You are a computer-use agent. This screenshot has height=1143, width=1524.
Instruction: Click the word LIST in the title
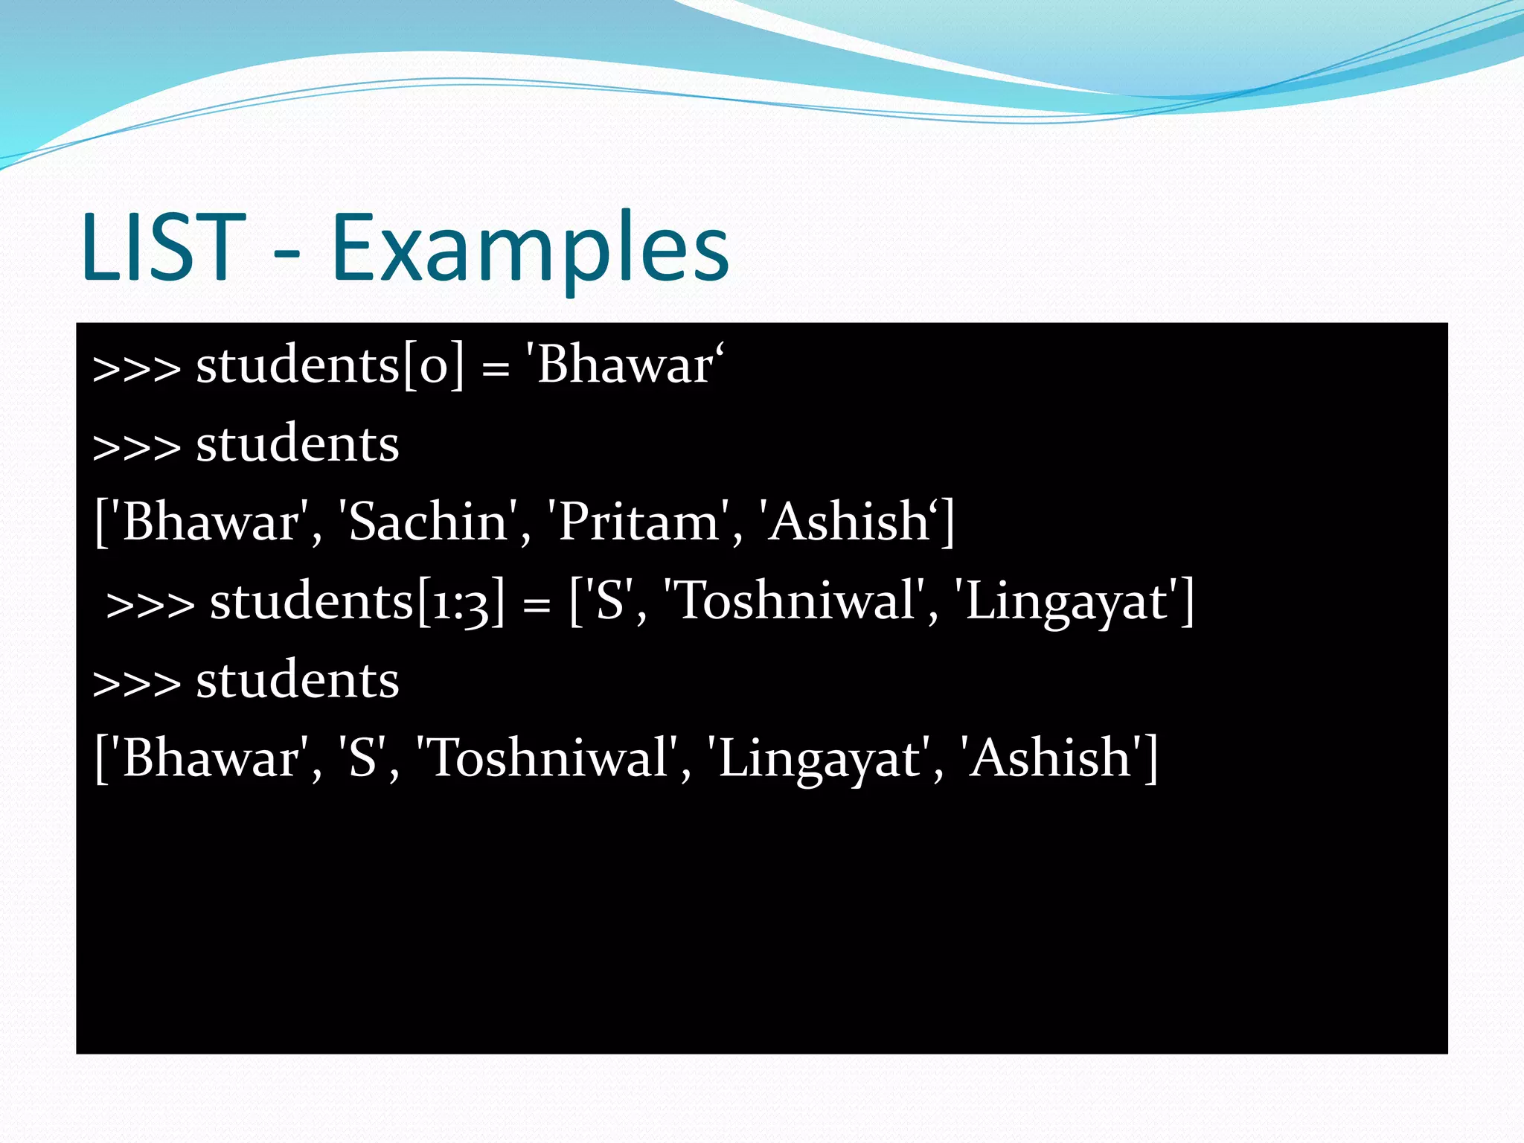163,247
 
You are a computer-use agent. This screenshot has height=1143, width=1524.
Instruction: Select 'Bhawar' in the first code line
624,366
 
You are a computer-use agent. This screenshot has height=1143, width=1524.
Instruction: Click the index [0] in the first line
434,366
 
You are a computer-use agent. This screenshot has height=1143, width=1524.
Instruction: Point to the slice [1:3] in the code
461,602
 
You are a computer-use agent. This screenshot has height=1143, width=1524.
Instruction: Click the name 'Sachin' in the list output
428,522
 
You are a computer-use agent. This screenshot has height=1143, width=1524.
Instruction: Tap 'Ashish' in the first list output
848,522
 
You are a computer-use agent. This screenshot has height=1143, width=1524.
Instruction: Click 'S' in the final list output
362,759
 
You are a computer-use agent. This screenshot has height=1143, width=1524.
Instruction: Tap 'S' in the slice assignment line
609,602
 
